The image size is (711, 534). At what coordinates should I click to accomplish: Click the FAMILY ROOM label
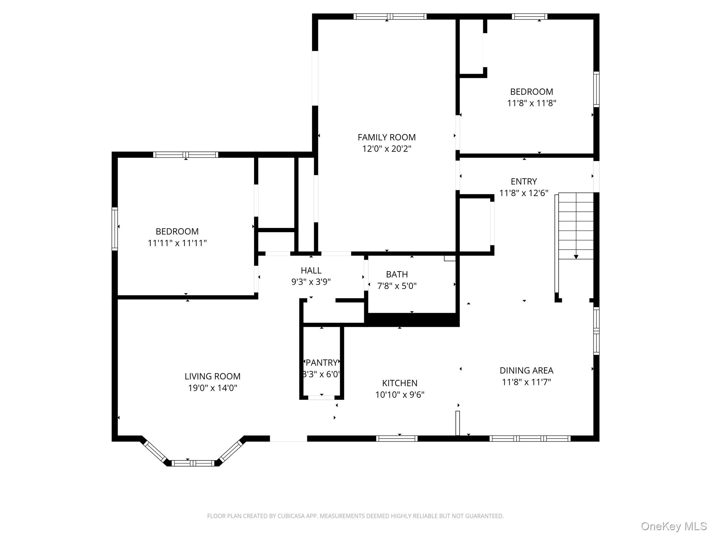(x=386, y=137)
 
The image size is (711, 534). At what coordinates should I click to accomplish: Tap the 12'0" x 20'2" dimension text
(x=386, y=149)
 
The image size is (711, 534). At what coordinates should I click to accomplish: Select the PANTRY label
(x=321, y=363)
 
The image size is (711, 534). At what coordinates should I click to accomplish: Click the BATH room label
(x=396, y=274)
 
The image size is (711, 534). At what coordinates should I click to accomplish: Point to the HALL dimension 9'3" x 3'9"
(x=311, y=282)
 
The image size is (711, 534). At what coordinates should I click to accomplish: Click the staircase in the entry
(x=576, y=226)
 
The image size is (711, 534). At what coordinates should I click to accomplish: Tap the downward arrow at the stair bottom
(x=576, y=257)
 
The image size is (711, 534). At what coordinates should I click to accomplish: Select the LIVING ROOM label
(x=212, y=376)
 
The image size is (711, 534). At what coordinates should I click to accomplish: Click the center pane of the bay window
(x=193, y=463)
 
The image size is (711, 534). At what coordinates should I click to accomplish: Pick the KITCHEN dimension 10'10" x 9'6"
(x=400, y=395)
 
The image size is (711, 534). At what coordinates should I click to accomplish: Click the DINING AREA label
(x=526, y=370)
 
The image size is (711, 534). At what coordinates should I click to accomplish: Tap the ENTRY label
(x=524, y=181)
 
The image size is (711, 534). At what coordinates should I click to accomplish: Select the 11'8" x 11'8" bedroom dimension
(x=532, y=103)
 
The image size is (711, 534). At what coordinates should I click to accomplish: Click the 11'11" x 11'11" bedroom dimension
(x=177, y=243)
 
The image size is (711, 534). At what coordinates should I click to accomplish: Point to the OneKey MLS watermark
(x=674, y=526)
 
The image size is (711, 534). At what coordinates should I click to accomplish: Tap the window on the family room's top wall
(x=390, y=16)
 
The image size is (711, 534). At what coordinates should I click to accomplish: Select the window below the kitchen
(x=396, y=439)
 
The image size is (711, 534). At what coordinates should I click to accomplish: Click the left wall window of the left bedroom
(x=115, y=228)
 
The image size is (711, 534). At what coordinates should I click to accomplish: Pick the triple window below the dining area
(x=530, y=439)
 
